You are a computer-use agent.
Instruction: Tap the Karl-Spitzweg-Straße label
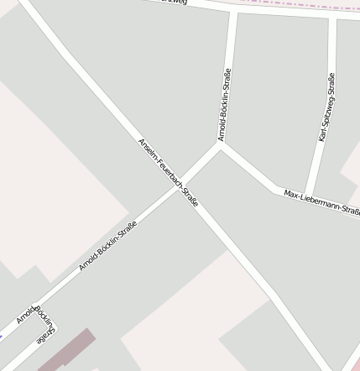(326, 107)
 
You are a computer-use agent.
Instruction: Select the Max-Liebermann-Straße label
(321, 202)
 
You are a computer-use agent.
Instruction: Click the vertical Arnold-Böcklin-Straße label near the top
(224, 104)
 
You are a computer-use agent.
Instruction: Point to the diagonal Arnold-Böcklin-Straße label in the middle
(107, 245)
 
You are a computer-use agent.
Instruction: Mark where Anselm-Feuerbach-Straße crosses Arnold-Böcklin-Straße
(185, 186)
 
